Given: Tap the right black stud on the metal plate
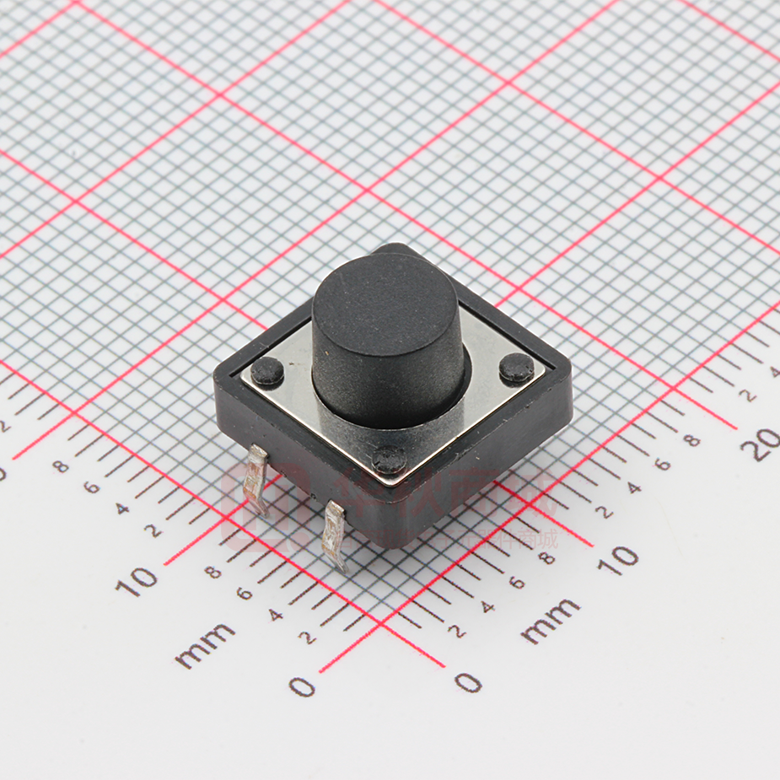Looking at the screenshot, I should (516, 368).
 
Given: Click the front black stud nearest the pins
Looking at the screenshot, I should (390, 459).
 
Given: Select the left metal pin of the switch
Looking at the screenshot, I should (256, 480).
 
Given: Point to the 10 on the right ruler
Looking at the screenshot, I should (619, 558).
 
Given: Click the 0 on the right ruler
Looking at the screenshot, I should (468, 681).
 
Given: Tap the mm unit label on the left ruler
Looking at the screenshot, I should (206, 645).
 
